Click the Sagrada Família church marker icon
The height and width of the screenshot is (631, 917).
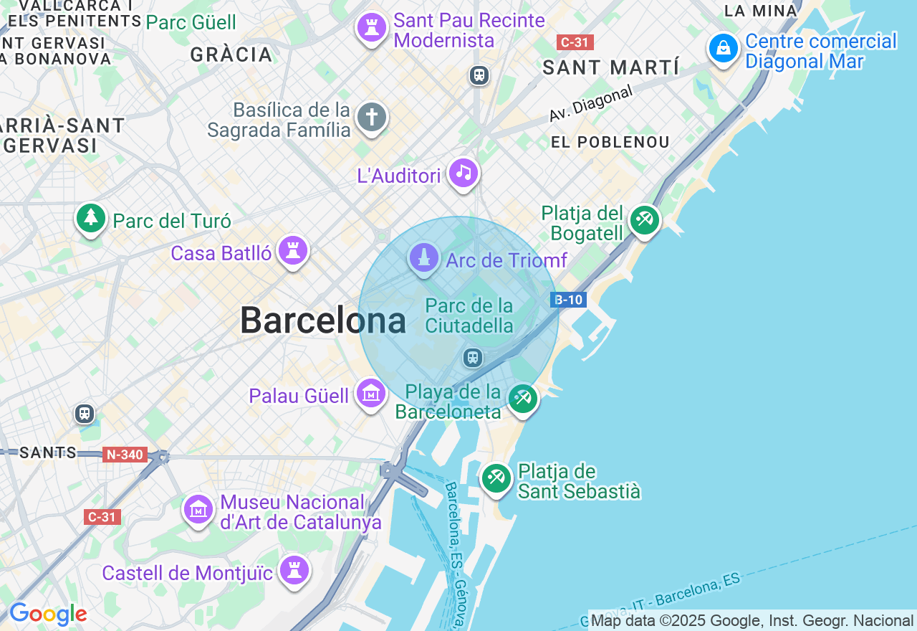[x=372, y=117]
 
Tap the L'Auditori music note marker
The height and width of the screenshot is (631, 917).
[x=464, y=173]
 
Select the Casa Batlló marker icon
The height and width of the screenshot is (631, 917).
[x=293, y=251]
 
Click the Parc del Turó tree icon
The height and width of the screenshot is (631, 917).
[x=91, y=217]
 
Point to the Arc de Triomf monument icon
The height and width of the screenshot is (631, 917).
[x=424, y=258]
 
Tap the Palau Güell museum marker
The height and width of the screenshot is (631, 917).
[x=371, y=394]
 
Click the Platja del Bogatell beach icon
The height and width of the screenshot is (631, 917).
[x=644, y=220]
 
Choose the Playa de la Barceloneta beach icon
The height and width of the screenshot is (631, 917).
[x=523, y=399]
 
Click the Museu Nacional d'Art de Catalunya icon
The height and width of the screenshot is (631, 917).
[x=198, y=510]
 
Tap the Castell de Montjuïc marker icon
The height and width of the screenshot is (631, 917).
[x=294, y=570]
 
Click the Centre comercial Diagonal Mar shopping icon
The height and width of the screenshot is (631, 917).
[x=724, y=49]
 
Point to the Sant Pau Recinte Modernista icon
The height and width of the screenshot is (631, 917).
[x=372, y=28]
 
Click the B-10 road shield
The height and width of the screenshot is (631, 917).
[x=569, y=300]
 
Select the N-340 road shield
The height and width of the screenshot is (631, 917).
[x=125, y=455]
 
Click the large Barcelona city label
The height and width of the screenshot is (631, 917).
[x=323, y=321]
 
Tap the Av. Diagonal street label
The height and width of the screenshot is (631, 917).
[x=591, y=104]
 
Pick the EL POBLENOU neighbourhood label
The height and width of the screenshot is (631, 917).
[x=610, y=142]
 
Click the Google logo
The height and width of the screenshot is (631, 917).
[x=48, y=615]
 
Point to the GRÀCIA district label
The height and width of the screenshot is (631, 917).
[x=231, y=54]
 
